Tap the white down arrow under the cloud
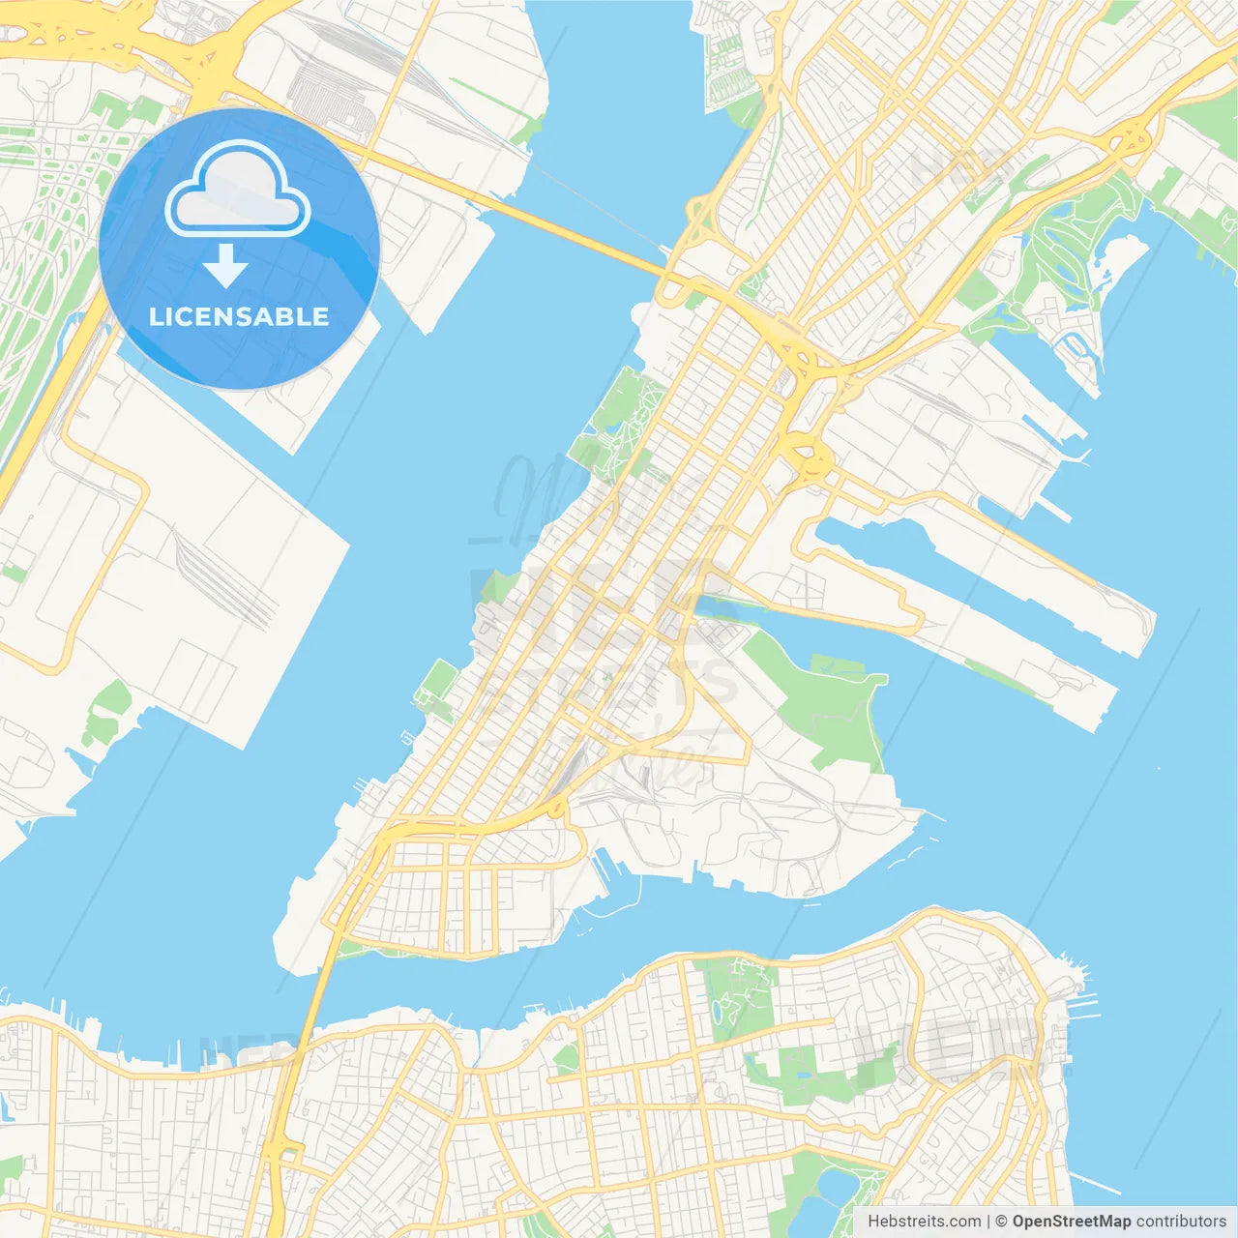(x=225, y=266)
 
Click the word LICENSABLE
(x=239, y=316)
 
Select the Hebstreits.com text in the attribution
(x=924, y=1222)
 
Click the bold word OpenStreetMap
(x=1071, y=1222)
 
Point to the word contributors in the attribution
(x=1181, y=1222)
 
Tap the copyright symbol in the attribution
(x=1001, y=1222)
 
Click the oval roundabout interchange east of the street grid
(x=808, y=455)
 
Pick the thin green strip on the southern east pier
(x=996, y=677)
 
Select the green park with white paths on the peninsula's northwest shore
(x=619, y=416)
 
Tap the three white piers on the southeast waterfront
(x=1083, y=1006)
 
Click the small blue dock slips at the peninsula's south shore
(x=609, y=875)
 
